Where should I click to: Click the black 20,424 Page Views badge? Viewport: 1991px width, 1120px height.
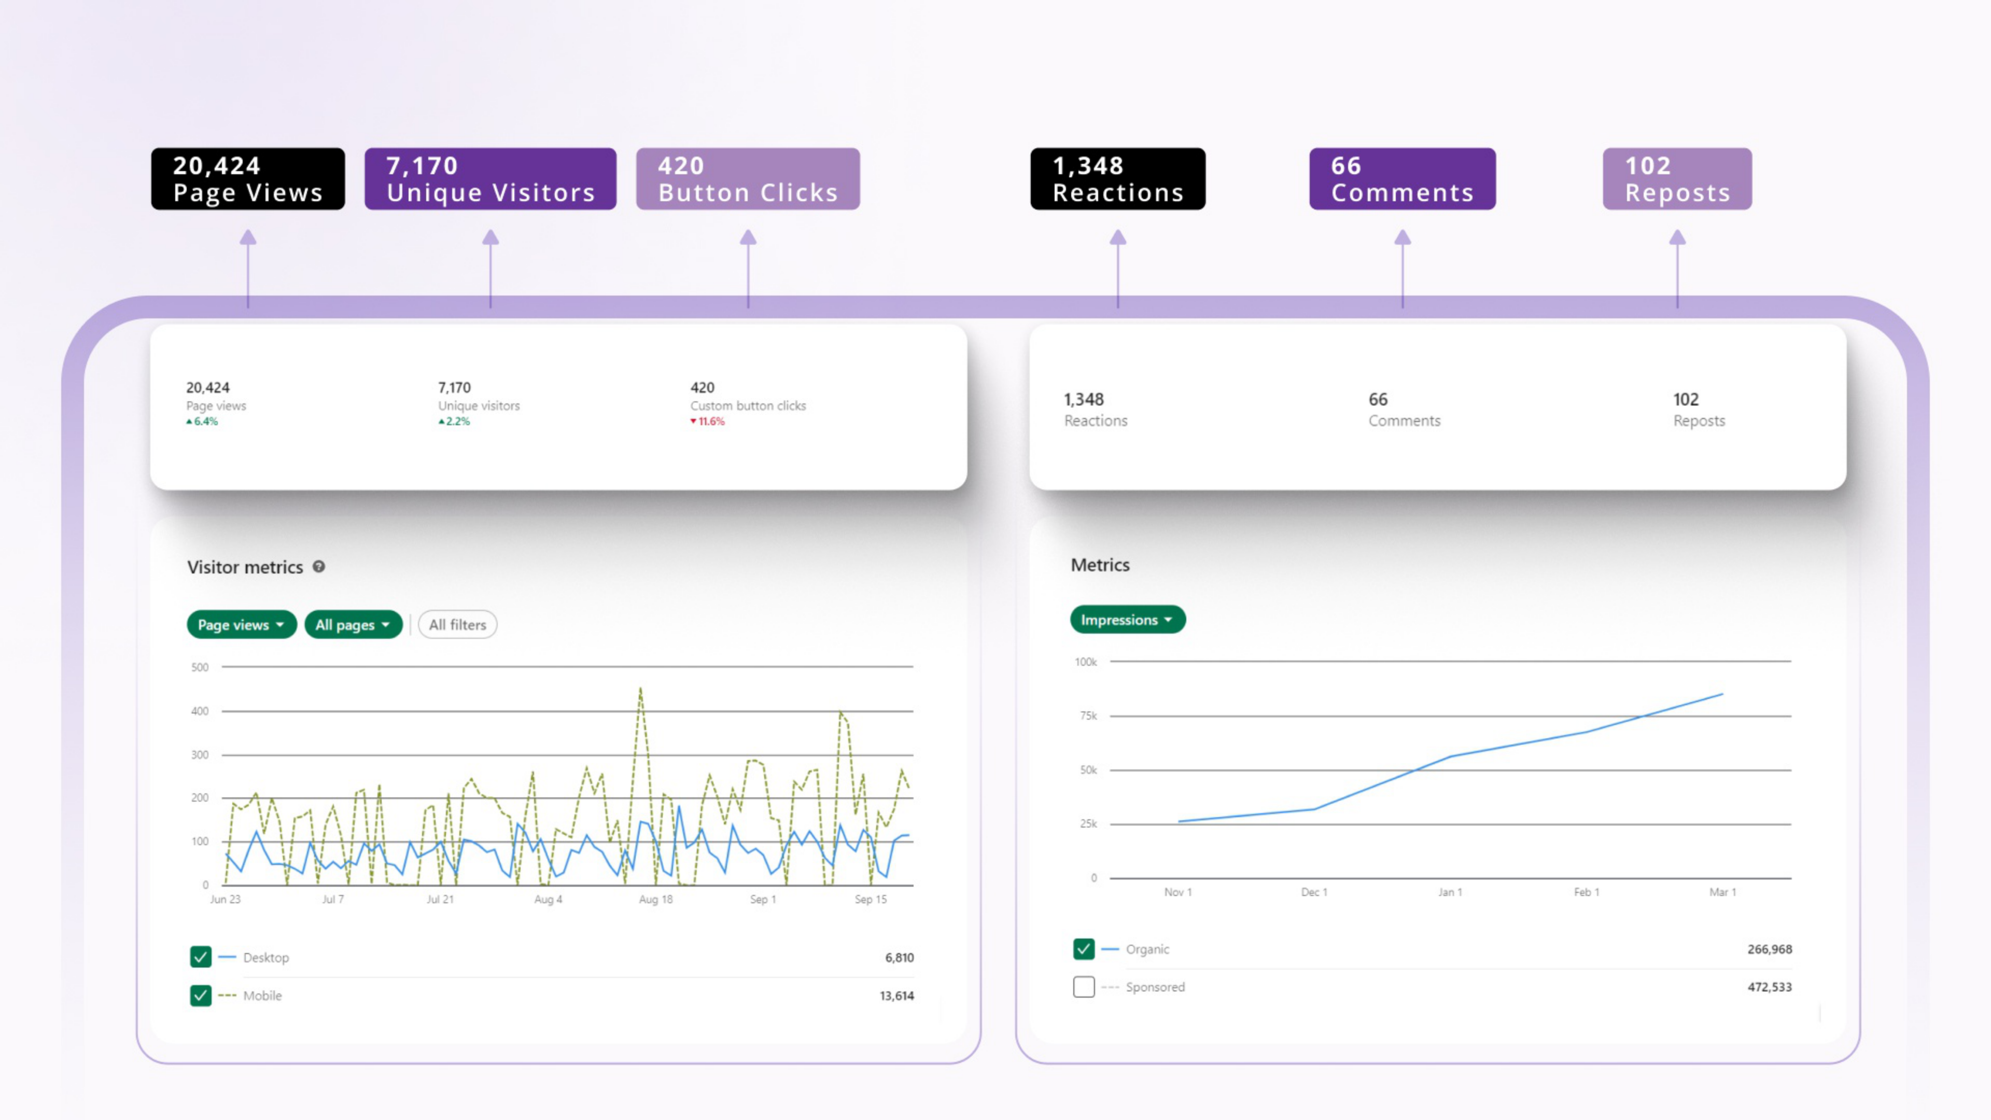[x=248, y=178]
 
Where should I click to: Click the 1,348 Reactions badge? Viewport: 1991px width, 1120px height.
[x=1118, y=178]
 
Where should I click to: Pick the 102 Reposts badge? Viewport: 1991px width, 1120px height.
[x=1677, y=178]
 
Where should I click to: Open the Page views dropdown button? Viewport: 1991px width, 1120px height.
[x=241, y=624]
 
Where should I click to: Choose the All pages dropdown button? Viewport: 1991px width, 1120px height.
[x=353, y=624]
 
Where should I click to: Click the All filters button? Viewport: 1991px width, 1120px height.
[x=457, y=624]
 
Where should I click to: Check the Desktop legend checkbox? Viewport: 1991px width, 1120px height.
[x=200, y=957]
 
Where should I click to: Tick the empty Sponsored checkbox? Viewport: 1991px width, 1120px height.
[x=1084, y=987]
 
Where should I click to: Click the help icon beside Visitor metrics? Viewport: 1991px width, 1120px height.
[x=318, y=567]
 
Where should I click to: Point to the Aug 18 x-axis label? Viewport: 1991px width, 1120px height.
[x=655, y=900]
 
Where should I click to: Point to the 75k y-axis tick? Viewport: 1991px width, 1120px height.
[x=1088, y=716]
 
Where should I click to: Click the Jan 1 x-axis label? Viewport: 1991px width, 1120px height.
[x=1450, y=892]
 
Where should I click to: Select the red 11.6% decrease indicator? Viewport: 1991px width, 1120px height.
[x=707, y=421]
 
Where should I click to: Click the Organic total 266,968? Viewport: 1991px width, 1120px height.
[x=1769, y=949]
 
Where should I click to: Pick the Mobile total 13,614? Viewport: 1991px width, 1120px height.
[x=896, y=996]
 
